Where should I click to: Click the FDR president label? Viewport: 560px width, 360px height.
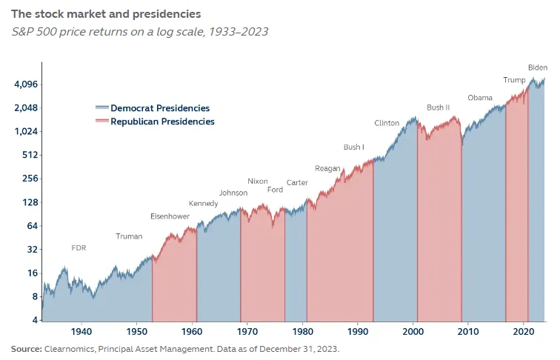(79, 247)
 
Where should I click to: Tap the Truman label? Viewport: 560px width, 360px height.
(129, 236)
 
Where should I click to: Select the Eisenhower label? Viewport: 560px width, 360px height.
(170, 216)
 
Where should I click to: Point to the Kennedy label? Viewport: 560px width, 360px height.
(204, 204)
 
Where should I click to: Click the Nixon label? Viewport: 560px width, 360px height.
(258, 181)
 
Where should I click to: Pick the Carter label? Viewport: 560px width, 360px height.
(297, 182)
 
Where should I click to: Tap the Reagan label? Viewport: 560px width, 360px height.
(327, 168)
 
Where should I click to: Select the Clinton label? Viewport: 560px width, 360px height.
(387, 123)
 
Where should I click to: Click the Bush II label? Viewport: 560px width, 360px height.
(439, 107)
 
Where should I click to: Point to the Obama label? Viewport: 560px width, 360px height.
(480, 98)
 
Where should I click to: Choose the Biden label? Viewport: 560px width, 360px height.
(538, 67)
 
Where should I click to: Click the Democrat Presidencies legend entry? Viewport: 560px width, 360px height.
(160, 108)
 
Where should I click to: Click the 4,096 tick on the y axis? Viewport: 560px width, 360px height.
(25, 84)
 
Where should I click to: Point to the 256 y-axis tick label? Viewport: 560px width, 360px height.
(30, 179)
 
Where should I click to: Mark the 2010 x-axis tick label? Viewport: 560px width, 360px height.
(468, 331)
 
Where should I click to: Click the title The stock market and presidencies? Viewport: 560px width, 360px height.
(105, 14)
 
